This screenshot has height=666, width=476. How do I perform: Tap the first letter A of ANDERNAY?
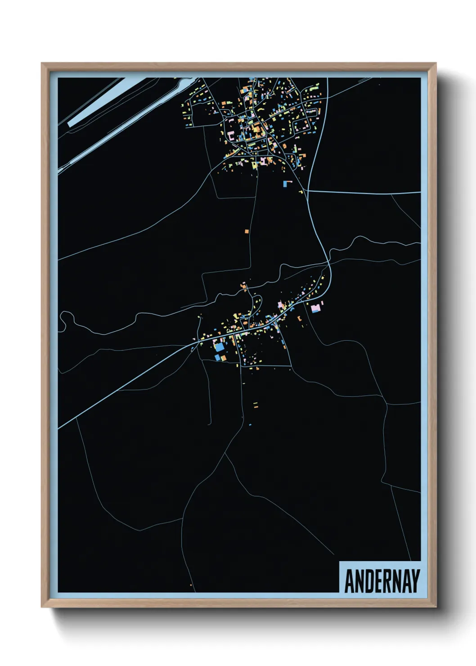pyautogui.click(x=350, y=581)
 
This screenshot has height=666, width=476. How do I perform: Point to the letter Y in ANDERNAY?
pyautogui.click(x=415, y=581)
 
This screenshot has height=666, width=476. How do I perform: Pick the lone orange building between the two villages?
pyautogui.click(x=247, y=231)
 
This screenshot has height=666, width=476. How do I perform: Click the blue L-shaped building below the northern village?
pyautogui.click(x=287, y=183)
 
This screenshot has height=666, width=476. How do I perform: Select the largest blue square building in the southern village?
pyautogui.click(x=220, y=347)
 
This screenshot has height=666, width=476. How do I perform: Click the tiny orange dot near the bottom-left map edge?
pyautogui.click(x=191, y=585)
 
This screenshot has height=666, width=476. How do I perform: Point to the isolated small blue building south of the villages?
pyautogui.click(x=250, y=424)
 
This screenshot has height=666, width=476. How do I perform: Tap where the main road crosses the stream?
pyautogui.click(x=329, y=261)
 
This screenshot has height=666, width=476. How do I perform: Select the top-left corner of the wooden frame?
pyautogui.click(x=42, y=64)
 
